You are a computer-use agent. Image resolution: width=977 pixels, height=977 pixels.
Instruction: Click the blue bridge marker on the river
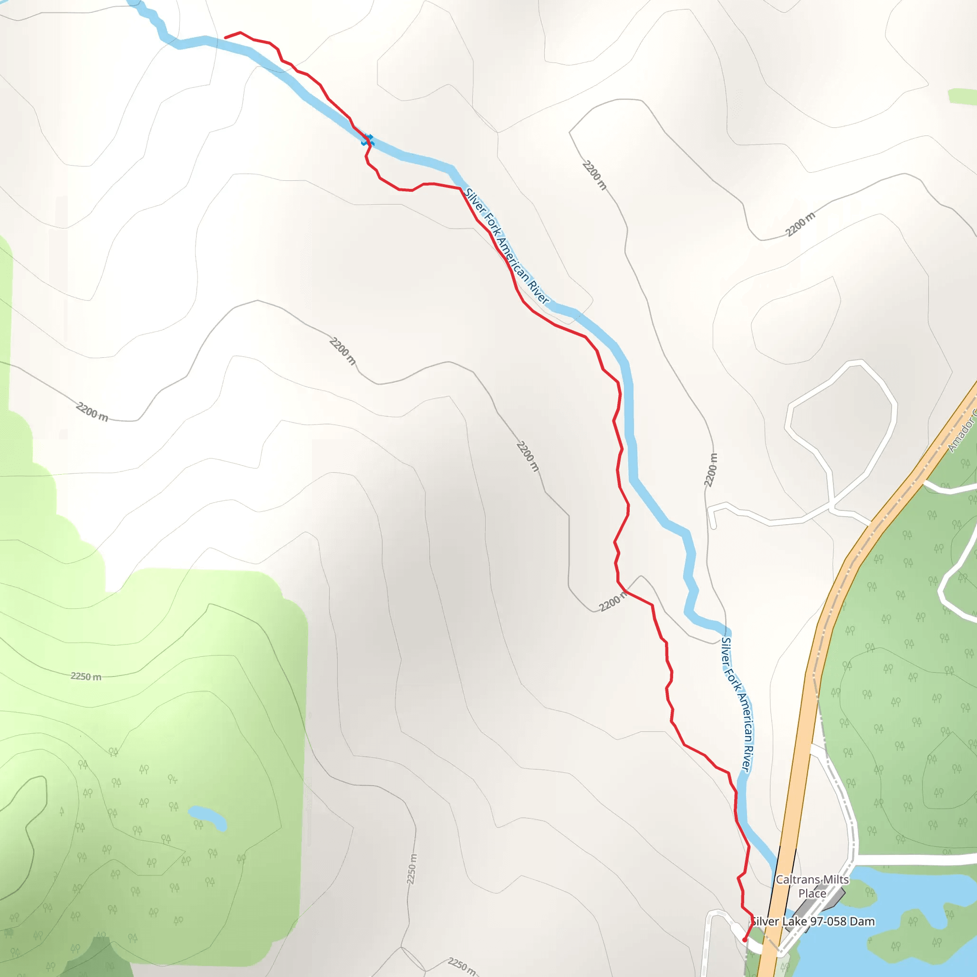pyautogui.click(x=367, y=140)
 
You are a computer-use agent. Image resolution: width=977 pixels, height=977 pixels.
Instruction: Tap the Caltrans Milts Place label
pyautogui.click(x=812, y=886)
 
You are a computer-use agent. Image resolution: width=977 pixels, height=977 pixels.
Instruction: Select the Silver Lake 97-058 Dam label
pyautogui.click(x=812, y=921)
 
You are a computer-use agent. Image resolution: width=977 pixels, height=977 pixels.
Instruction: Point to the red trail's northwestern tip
pyautogui.click(x=225, y=37)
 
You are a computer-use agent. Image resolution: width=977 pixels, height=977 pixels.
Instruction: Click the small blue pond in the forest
pyautogui.click(x=208, y=818)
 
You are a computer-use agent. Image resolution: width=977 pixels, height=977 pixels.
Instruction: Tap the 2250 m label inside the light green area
pyautogui.click(x=86, y=676)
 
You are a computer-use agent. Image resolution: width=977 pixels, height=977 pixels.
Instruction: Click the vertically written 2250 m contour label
pyautogui.click(x=413, y=869)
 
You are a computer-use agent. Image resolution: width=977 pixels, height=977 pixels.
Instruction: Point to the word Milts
pyautogui.click(x=836, y=879)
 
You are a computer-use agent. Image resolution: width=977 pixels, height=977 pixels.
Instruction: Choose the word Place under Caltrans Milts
pyautogui.click(x=812, y=894)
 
